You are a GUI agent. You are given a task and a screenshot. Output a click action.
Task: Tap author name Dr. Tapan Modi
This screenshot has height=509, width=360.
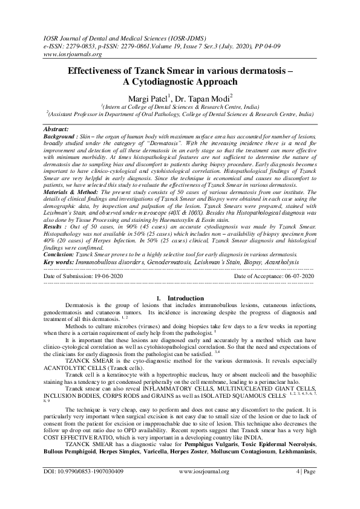click(203, 99)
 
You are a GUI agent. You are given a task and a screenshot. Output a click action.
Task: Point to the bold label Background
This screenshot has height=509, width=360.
click(61, 137)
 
